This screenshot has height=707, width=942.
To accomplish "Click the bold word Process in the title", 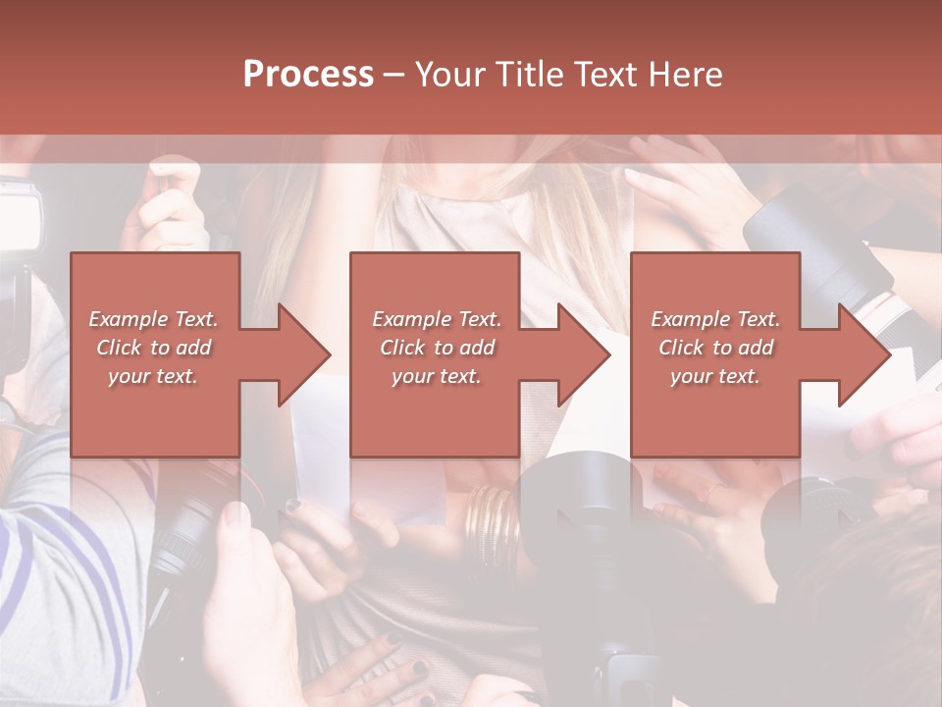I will tap(308, 74).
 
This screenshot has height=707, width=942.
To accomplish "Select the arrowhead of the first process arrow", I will tap(302, 354).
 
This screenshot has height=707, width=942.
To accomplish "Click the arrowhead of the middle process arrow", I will tap(582, 354).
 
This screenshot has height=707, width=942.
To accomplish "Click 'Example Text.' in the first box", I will tap(153, 319).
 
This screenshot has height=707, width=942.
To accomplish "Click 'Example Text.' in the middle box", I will tap(436, 319).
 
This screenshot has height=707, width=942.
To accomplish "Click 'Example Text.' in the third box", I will tap(715, 319).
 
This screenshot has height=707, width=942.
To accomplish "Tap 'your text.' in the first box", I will tap(153, 376).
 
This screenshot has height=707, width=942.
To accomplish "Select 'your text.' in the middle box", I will tap(436, 376).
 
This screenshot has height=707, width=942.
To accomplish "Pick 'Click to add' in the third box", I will tap(715, 348).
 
